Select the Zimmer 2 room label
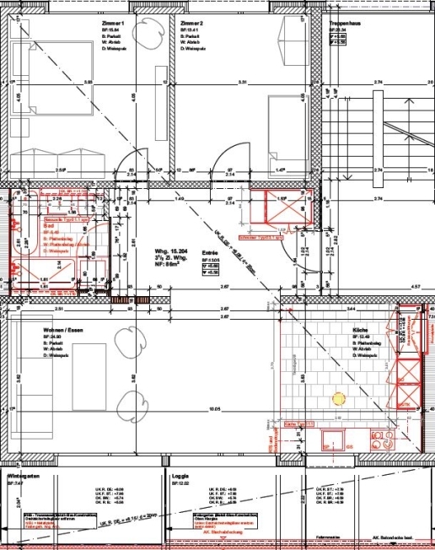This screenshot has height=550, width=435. coord(191,23)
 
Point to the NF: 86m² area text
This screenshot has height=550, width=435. coord(165,266)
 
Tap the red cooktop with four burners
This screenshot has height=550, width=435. coord(384,437)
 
